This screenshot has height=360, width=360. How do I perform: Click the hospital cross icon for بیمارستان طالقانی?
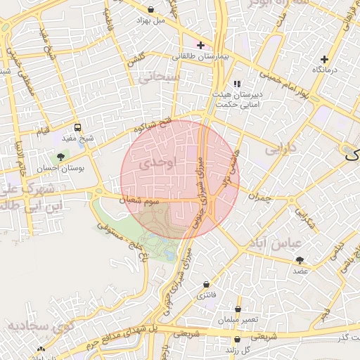201,44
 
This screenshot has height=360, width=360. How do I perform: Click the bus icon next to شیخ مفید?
77,128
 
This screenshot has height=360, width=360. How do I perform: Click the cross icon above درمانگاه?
323,59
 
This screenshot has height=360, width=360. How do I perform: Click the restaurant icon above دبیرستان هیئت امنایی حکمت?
237,83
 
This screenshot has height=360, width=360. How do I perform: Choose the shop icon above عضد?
300,260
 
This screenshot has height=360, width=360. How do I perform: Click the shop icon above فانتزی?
206,284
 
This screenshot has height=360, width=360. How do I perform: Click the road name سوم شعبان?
143,201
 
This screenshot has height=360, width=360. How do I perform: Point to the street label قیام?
44,131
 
